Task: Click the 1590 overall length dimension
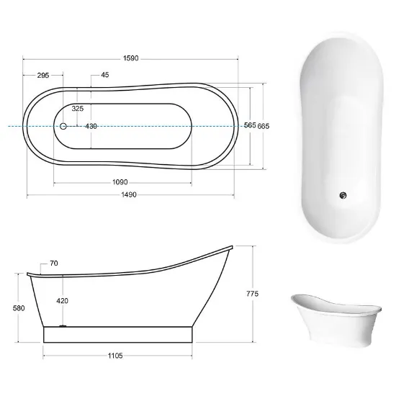click(x=131, y=58)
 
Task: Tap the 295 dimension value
click(x=43, y=76)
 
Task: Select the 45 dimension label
click(x=105, y=75)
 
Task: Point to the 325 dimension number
click(x=78, y=109)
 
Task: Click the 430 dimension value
click(x=91, y=126)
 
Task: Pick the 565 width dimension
click(x=250, y=125)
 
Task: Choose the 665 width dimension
click(x=264, y=126)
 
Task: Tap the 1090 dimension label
click(x=120, y=182)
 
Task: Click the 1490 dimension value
click(x=129, y=194)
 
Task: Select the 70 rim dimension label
click(x=54, y=264)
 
